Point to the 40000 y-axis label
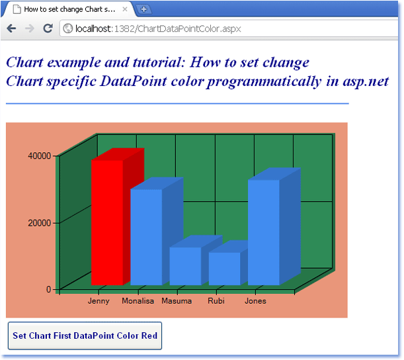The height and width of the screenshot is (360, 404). click(x=40, y=156)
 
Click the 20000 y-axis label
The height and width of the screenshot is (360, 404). click(x=40, y=223)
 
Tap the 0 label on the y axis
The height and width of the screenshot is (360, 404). click(x=48, y=289)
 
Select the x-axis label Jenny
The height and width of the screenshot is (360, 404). click(x=99, y=301)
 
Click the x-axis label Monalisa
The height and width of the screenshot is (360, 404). click(x=138, y=301)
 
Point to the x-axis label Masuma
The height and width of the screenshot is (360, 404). click(x=177, y=301)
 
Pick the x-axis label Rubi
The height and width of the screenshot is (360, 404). click(x=216, y=301)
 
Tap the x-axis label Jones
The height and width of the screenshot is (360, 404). click(x=255, y=301)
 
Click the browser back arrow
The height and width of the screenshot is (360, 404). click(x=12, y=28)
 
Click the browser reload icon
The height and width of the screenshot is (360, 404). click(x=48, y=28)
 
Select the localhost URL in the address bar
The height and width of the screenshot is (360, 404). click(x=158, y=28)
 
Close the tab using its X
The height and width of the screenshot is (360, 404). click(x=125, y=9)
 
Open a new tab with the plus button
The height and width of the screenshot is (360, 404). click(x=143, y=9)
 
